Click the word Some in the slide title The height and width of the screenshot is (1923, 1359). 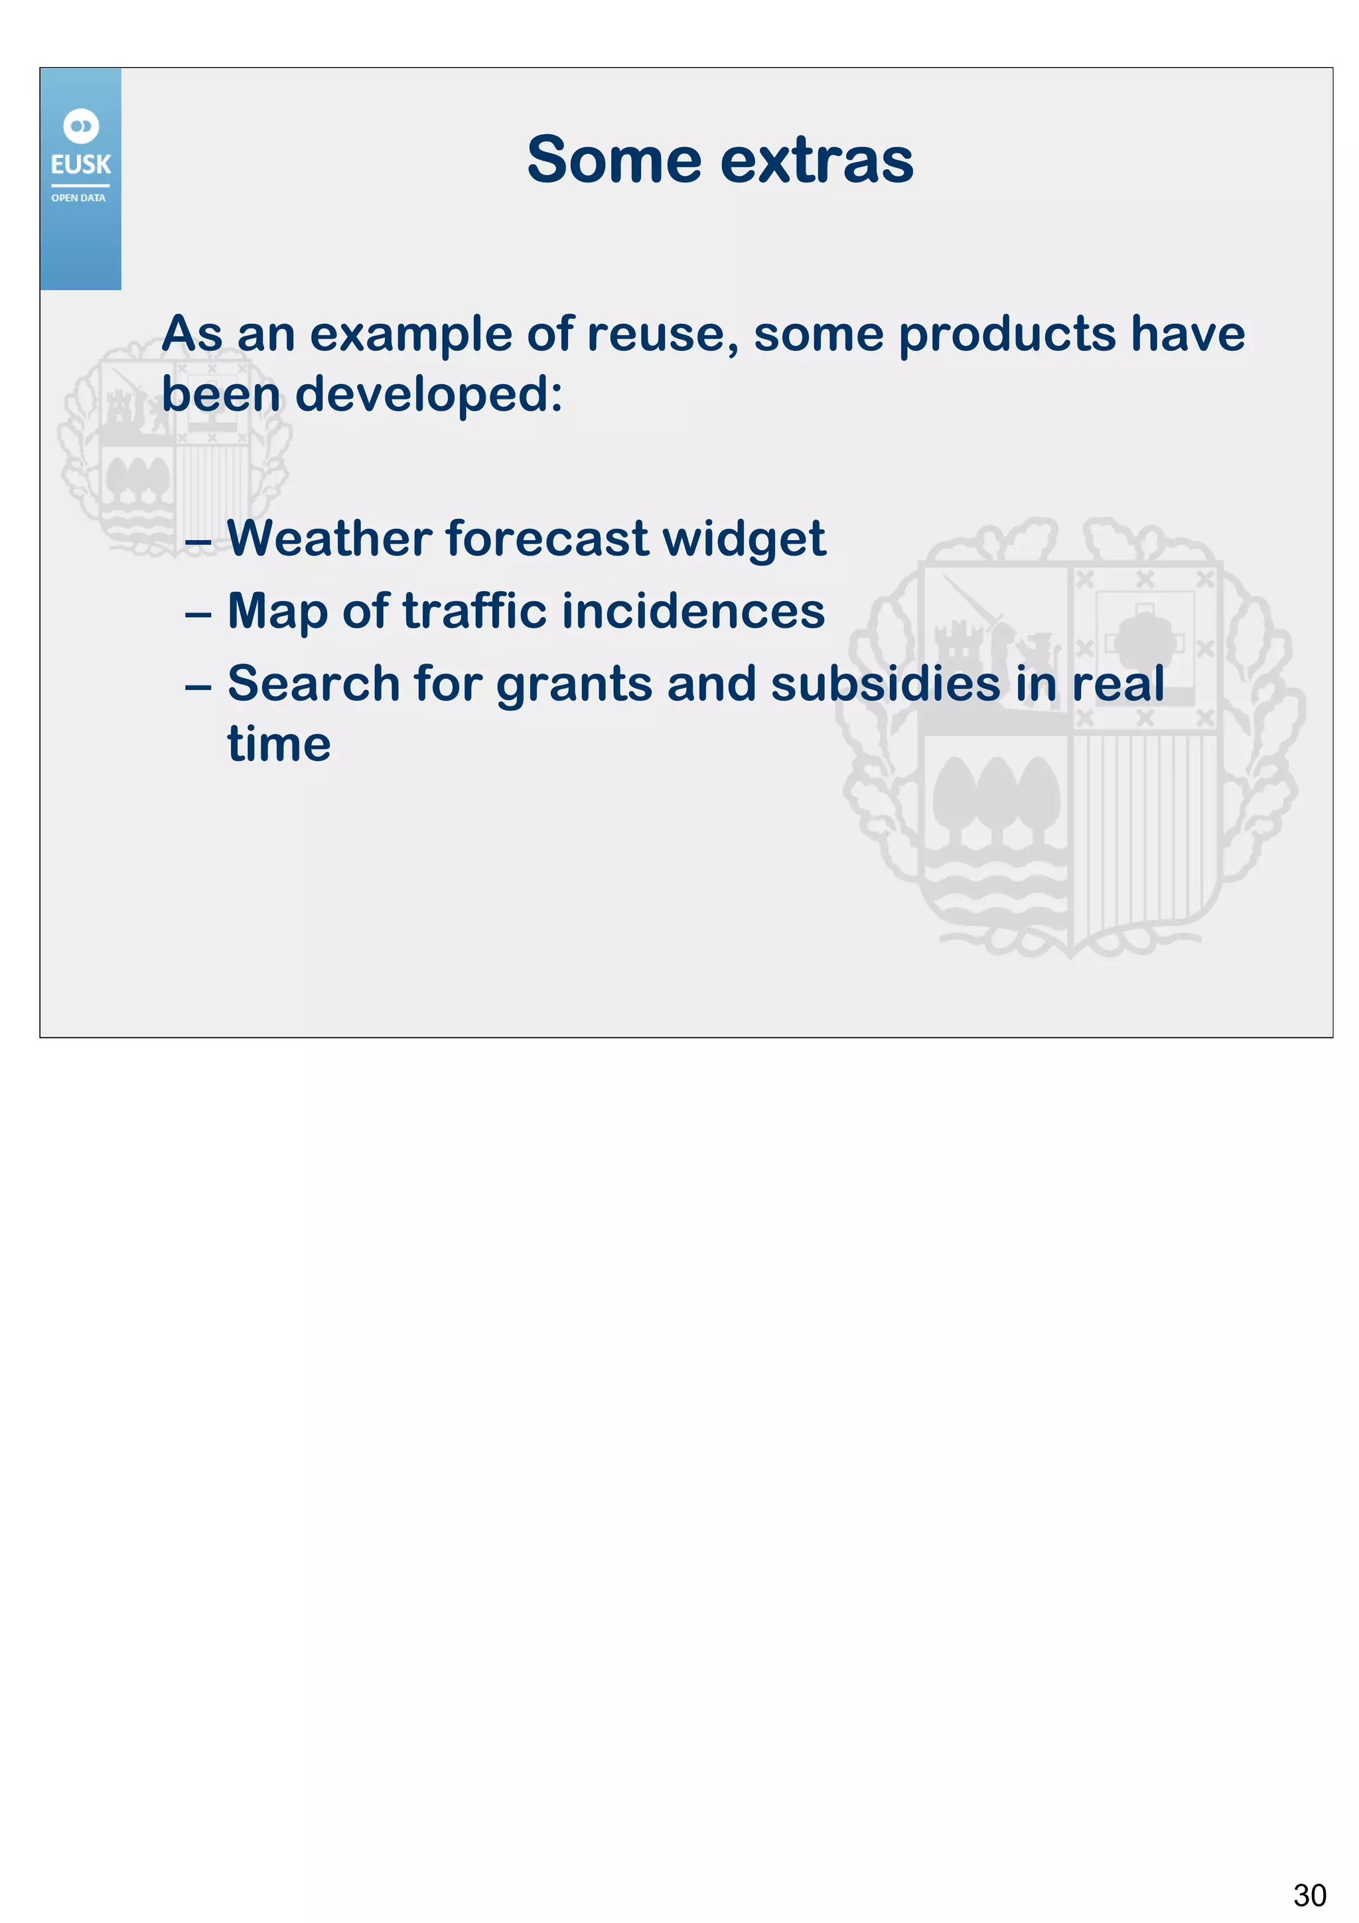tap(614, 160)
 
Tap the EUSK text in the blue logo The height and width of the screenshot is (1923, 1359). tap(80, 164)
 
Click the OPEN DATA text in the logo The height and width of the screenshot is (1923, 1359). tap(79, 198)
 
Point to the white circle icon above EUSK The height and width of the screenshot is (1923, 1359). tap(81, 127)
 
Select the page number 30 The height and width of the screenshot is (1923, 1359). tap(1309, 1894)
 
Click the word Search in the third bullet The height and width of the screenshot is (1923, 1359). tap(313, 683)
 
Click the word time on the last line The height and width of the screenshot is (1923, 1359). tap(279, 745)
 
